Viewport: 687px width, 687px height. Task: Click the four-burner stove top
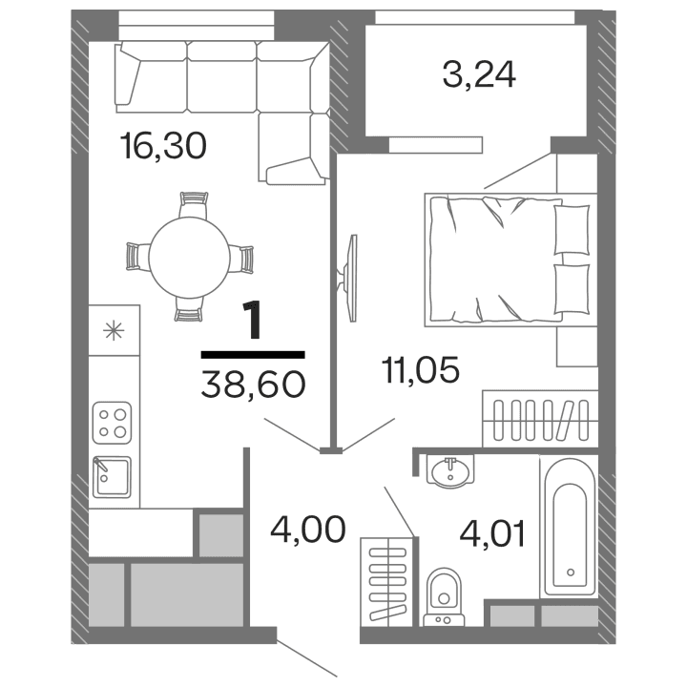[x=113, y=421]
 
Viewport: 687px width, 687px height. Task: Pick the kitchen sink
[x=113, y=475]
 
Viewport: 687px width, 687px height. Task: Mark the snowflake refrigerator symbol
[x=113, y=331]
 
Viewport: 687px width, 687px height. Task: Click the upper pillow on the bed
[x=572, y=230]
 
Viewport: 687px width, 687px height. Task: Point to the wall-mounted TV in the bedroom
[x=349, y=277]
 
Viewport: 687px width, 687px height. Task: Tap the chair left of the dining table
[x=135, y=257]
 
